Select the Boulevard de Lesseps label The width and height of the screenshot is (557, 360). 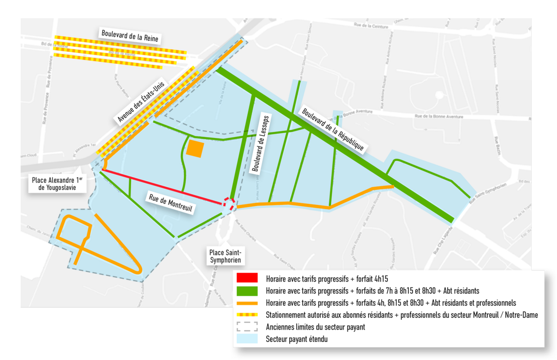click(262, 144)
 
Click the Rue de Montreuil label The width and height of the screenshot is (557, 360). click(170, 202)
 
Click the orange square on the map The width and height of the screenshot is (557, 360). click(195, 149)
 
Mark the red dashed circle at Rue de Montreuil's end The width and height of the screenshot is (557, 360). click(228, 203)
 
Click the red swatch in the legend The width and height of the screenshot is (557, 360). click(248, 279)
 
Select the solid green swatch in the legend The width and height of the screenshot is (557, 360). click(248, 291)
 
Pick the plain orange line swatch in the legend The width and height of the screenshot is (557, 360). click(248, 303)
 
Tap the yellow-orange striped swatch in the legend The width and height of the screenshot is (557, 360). click(248, 315)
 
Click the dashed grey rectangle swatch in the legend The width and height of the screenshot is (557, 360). click(248, 327)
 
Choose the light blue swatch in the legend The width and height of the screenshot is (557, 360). click(248, 339)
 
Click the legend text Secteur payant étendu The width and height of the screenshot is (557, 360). click(297, 340)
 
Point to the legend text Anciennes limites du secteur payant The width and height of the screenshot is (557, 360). click(315, 327)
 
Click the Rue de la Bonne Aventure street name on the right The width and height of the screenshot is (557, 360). click(439, 117)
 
